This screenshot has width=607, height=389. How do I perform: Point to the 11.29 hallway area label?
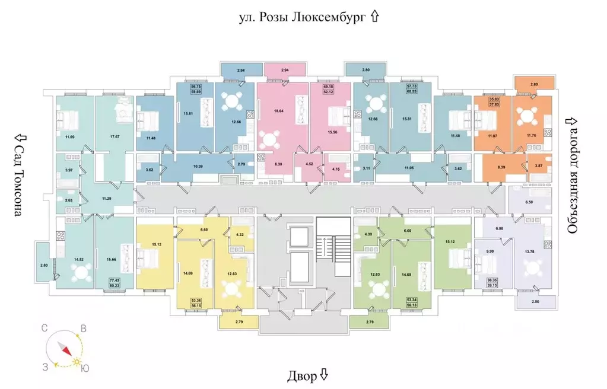point(107,199)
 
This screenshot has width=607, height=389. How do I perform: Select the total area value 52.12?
point(328,93)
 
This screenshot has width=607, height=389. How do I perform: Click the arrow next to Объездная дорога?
point(573,121)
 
